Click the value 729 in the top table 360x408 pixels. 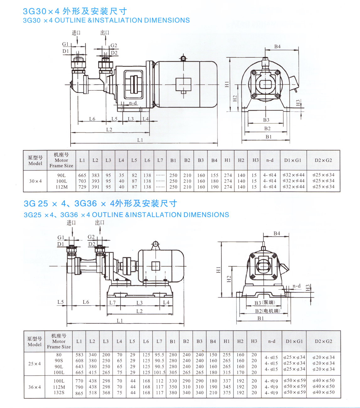coord(82,187)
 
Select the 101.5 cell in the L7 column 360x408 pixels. coord(159,373)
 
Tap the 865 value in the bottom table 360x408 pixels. coord(79,393)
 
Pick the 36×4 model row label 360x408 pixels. coord(35,387)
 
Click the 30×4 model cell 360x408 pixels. coord(35,181)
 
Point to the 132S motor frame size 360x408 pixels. coord(59,393)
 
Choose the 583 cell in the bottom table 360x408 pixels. coord(79,355)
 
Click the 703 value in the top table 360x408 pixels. coord(82,181)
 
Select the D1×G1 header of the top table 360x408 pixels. coord(293,160)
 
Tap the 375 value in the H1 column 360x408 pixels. coord(227,393)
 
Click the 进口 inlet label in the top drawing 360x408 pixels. coord(76,33)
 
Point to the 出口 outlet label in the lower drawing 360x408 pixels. coord(100,223)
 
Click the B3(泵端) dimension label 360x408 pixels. coord(265,303)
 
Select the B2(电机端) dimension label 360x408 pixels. coord(267,311)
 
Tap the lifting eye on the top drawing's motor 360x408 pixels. coord(183,58)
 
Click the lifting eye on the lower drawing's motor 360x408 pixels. coord(155,244)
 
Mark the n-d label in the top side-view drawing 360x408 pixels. coord(133,103)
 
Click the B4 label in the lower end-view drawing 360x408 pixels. coord(277,234)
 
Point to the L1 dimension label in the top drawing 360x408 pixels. coord(140,140)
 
